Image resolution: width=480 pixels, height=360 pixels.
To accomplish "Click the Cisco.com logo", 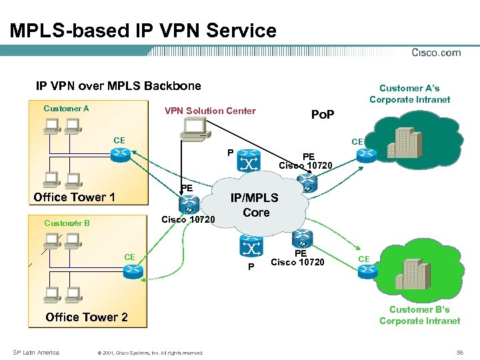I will click(436, 53).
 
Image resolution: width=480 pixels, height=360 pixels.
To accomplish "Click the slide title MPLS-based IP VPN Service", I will click(143, 31).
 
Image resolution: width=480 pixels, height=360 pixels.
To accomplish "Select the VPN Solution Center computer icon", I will click(195, 129).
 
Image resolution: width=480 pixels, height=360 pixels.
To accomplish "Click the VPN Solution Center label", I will click(210, 111).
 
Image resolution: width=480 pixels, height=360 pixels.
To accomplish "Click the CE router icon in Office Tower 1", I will click(120, 155).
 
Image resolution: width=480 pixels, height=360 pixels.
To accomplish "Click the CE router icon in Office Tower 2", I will click(131, 270).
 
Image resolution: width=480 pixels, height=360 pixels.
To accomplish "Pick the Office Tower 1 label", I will click(74, 197).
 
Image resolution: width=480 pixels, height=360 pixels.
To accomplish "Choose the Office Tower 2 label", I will click(87, 317).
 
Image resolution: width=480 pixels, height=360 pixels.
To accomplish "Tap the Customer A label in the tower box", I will click(66, 109).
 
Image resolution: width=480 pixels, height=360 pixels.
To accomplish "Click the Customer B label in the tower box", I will click(67, 223).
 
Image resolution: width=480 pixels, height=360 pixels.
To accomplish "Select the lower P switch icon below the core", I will click(251, 248).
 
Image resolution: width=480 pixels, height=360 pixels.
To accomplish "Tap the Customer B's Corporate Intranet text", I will click(419, 315).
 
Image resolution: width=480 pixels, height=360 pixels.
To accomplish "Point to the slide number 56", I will click(459, 351).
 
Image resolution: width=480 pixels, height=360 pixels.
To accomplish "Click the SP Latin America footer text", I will click(36, 352).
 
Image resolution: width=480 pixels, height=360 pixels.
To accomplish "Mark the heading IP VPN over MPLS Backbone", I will click(118, 86).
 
